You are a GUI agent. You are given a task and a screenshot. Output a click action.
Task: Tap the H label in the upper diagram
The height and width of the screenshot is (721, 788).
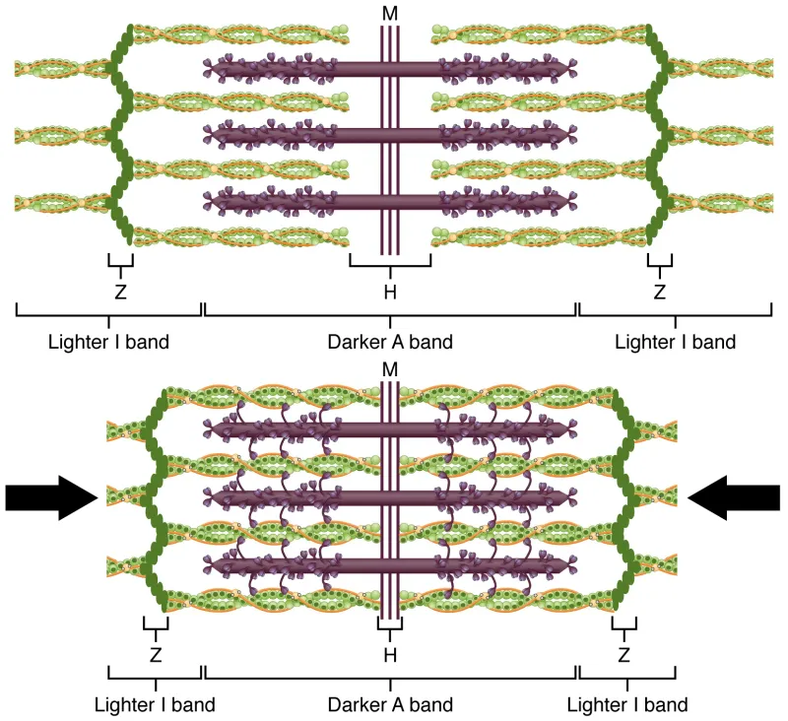pyautogui.click(x=390, y=292)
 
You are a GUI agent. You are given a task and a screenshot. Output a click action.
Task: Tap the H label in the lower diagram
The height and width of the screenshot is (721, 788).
pyautogui.click(x=390, y=654)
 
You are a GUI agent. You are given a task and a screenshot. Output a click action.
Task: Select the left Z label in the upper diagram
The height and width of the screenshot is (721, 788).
pyautogui.click(x=119, y=292)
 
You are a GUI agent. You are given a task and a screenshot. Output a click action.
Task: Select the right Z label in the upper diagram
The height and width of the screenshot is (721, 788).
pyautogui.click(x=659, y=292)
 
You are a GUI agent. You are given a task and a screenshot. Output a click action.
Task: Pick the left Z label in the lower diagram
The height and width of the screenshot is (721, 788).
pyautogui.click(x=156, y=654)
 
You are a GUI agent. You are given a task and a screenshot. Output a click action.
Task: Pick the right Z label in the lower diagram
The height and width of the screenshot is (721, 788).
pyautogui.click(x=624, y=654)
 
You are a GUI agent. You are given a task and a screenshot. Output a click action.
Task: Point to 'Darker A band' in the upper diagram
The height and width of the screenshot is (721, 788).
pyautogui.click(x=390, y=343)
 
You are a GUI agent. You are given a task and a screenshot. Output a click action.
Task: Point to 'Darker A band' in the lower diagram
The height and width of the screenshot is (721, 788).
pyautogui.click(x=390, y=705)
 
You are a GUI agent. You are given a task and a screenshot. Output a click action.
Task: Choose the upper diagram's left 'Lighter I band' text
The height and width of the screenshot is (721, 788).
pyautogui.click(x=108, y=343)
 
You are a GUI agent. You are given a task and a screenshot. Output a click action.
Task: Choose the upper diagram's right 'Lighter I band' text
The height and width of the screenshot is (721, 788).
pyautogui.click(x=675, y=343)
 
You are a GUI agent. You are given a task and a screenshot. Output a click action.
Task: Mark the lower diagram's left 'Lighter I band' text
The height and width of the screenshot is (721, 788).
pyautogui.click(x=155, y=705)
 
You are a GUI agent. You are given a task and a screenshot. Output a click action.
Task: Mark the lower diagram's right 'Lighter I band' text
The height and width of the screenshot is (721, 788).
pyautogui.click(x=627, y=705)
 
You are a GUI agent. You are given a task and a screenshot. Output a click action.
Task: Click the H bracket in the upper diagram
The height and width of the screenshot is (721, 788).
pyautogui.click(x=390, y=264)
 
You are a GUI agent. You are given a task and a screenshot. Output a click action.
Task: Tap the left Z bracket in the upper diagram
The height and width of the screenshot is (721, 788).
pyautogui.click(x=119, y=264)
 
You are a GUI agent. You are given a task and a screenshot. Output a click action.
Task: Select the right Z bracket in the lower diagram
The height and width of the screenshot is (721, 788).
pyautogui.click(x=624, y=625)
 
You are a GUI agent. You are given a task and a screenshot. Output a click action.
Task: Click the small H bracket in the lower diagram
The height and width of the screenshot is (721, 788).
pyautogui.click(x=390, y=625)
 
